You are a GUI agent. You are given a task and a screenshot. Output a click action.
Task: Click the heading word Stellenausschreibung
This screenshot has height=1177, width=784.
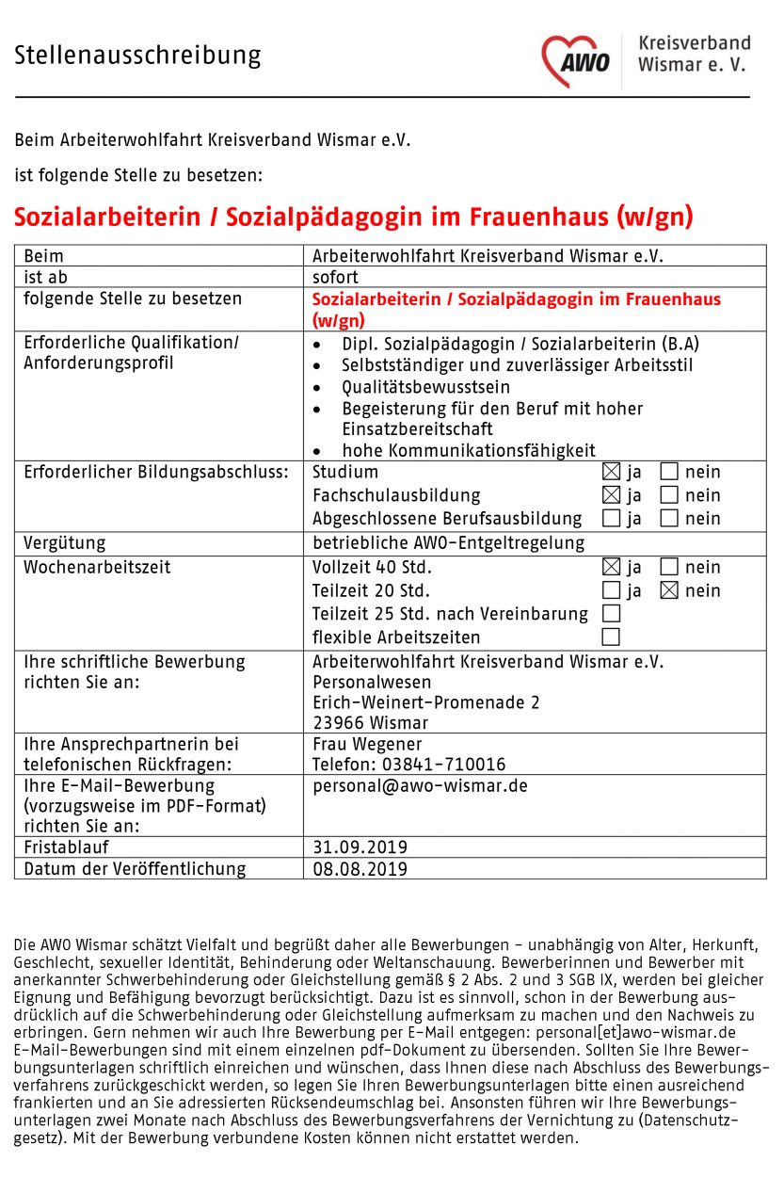click(137, 56)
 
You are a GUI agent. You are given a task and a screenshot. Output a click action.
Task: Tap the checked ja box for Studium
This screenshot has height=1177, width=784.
click(611, 472)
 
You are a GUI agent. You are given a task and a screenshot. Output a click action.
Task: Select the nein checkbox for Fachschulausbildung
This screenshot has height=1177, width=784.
click(669, 495)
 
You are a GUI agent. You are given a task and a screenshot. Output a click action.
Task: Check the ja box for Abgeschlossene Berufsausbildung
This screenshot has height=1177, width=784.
click(611, 518)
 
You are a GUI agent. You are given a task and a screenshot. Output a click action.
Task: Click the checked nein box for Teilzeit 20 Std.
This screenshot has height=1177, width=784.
click(669, 590)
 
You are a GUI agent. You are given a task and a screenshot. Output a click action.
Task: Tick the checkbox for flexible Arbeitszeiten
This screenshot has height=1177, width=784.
click(611, 637)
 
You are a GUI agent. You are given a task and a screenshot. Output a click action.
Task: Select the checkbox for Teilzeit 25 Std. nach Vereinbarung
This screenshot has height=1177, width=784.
click(611, 614)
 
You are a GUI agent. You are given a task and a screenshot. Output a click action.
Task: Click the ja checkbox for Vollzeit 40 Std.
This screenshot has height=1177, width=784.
click(611, 567)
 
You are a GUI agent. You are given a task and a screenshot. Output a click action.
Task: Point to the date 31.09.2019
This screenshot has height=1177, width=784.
click(360, 847)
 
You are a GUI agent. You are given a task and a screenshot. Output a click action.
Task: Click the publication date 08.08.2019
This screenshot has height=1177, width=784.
click(360, 869)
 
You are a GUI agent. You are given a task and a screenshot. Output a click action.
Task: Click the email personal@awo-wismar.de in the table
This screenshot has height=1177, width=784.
click(420, 786)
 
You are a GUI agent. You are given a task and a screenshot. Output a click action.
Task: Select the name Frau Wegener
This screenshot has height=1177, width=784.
click(367, 744)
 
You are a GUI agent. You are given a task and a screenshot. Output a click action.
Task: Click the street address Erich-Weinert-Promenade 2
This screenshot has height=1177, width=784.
click(426, 702)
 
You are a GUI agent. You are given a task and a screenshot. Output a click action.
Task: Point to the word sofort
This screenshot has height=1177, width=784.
click(335, 278)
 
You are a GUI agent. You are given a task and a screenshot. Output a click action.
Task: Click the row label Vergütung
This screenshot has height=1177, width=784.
click(65, 543)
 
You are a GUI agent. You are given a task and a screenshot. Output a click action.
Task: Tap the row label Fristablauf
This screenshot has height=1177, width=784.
click(66, 847)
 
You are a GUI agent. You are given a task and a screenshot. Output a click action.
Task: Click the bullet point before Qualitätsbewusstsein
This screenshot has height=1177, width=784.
click(321, 387)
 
